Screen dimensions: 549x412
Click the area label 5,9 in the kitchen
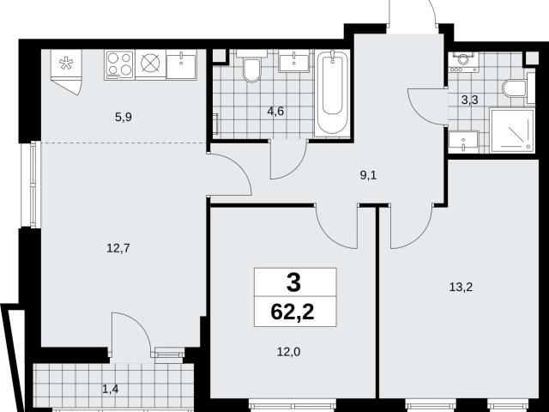click(x=124, y=117)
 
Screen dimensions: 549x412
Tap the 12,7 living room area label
click(x=118, y=248)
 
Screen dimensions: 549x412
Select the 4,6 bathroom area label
click(x=275, y=112)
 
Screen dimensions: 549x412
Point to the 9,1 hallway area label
click(x=368, y=175)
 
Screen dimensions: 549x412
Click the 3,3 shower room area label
click(x=469, y=100)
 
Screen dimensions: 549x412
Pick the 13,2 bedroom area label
click(x=461, y=288)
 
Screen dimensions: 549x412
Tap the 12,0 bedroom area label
click(x=288, y=352)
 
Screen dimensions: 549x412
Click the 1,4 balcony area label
click(x=111, y=389)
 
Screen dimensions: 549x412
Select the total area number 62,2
click(x=293, y=312)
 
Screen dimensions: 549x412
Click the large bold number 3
click(x=293, y=283)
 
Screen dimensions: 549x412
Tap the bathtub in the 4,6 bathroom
click(x=332, y=94)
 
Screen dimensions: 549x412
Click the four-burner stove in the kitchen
click(x=119, y=65)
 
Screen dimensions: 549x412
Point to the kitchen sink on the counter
click(x=181, y=64)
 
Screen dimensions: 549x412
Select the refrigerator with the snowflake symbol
click(x=66, y=71)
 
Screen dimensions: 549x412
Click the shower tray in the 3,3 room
click(x=512, y=130)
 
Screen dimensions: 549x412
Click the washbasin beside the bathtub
click(x=293, y=61)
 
